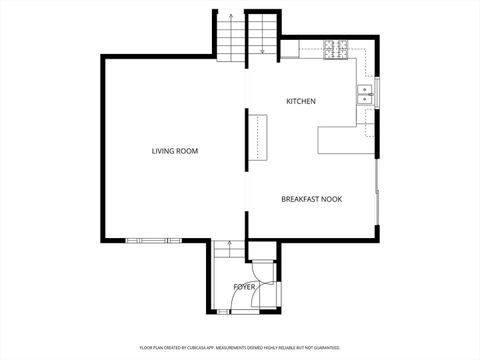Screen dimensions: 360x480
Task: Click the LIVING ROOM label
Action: click(x=175, y=151)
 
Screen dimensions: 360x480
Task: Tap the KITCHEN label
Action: click(x=301, y=102)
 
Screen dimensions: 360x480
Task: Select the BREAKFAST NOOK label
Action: click(x=311, y=200)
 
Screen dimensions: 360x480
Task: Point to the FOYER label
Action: click(x=244, y=287)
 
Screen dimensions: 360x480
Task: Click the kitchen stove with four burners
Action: click(x=335, y=47)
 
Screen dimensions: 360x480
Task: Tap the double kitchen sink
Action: click(x=365, y=95)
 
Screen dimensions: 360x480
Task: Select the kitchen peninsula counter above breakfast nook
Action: click(x=338, y=140)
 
